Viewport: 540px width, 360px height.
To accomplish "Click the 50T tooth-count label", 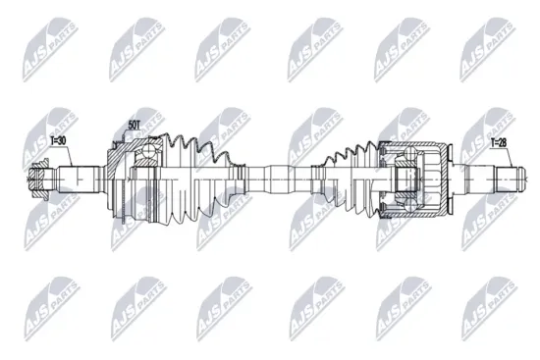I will [135, 125].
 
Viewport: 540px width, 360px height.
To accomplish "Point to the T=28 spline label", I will [501, 143].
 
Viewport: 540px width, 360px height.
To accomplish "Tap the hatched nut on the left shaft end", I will [41, 180].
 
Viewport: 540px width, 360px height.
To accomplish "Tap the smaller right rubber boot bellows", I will [344, 177].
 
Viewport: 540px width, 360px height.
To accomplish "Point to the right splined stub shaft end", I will [501, 178].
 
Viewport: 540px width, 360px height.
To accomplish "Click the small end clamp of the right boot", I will [317, 178].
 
